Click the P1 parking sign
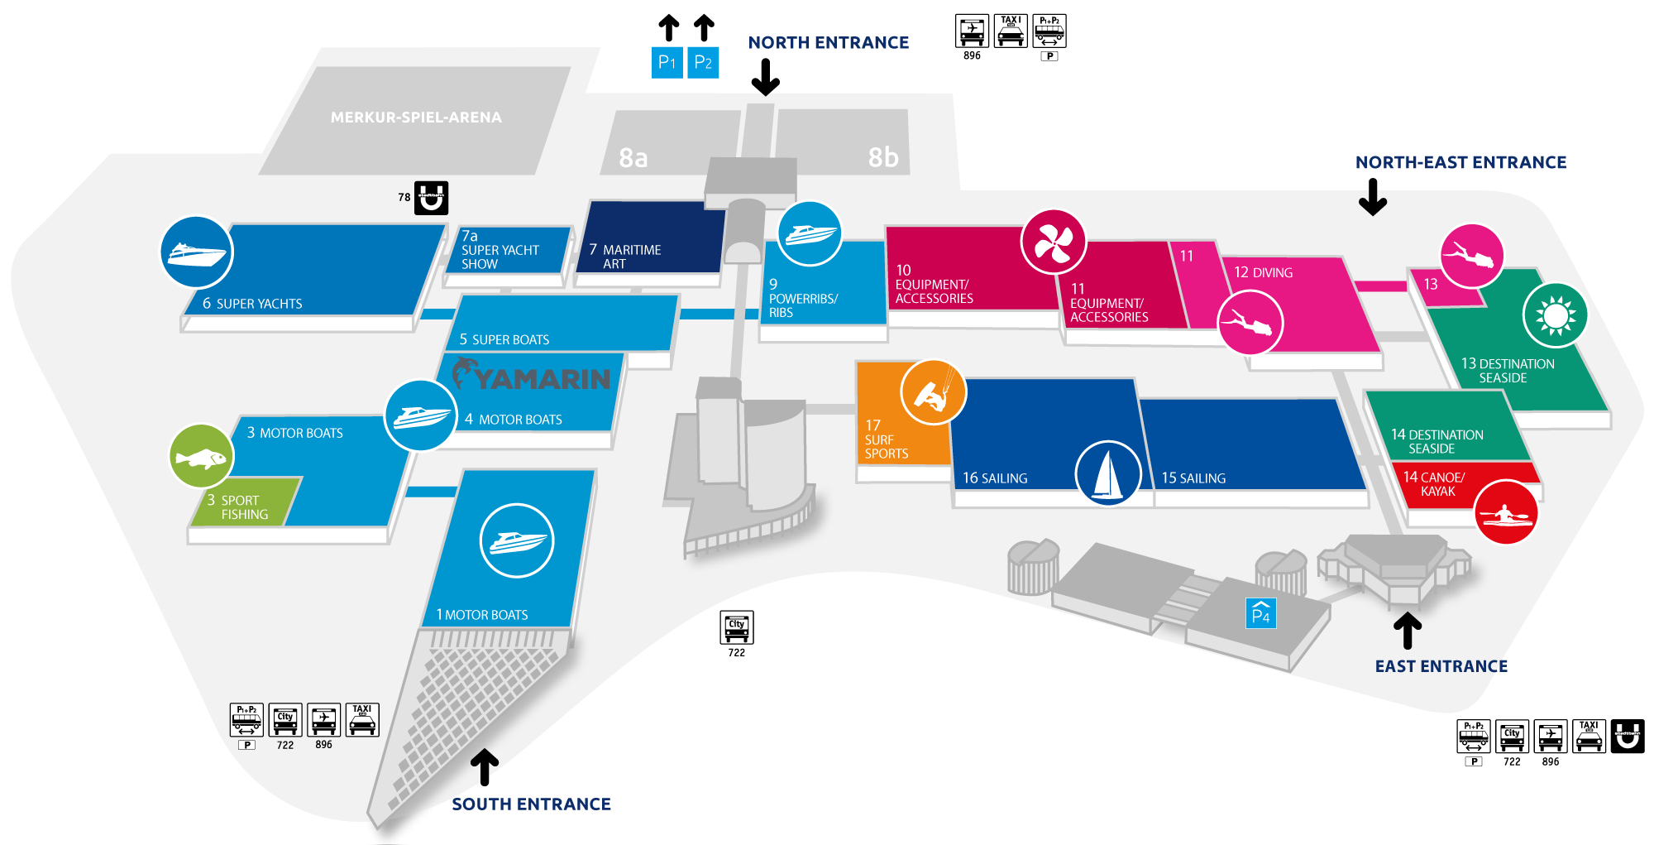tap(667, 63)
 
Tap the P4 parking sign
tap(1261, 613)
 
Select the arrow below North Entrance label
tap(766, 77)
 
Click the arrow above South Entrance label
tap(485, 766)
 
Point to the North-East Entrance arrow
tap(1373, 197)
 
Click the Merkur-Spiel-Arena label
tap(416, 118)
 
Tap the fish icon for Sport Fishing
tap(201, 456)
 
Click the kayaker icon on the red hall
tap(1507, 512)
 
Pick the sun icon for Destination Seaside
tap(1555, 315)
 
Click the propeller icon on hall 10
tap(1053, 242)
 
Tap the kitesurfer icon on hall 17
tap(934, 392)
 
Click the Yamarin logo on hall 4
tap(532, 377)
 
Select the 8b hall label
tap(882, 157)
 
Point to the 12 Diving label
tap(1263, 272)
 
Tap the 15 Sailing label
tap(1193, 478)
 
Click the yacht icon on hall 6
tap(196, 252)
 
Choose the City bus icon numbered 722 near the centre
tap(736, 628)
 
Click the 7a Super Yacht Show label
tap(500, 250)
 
